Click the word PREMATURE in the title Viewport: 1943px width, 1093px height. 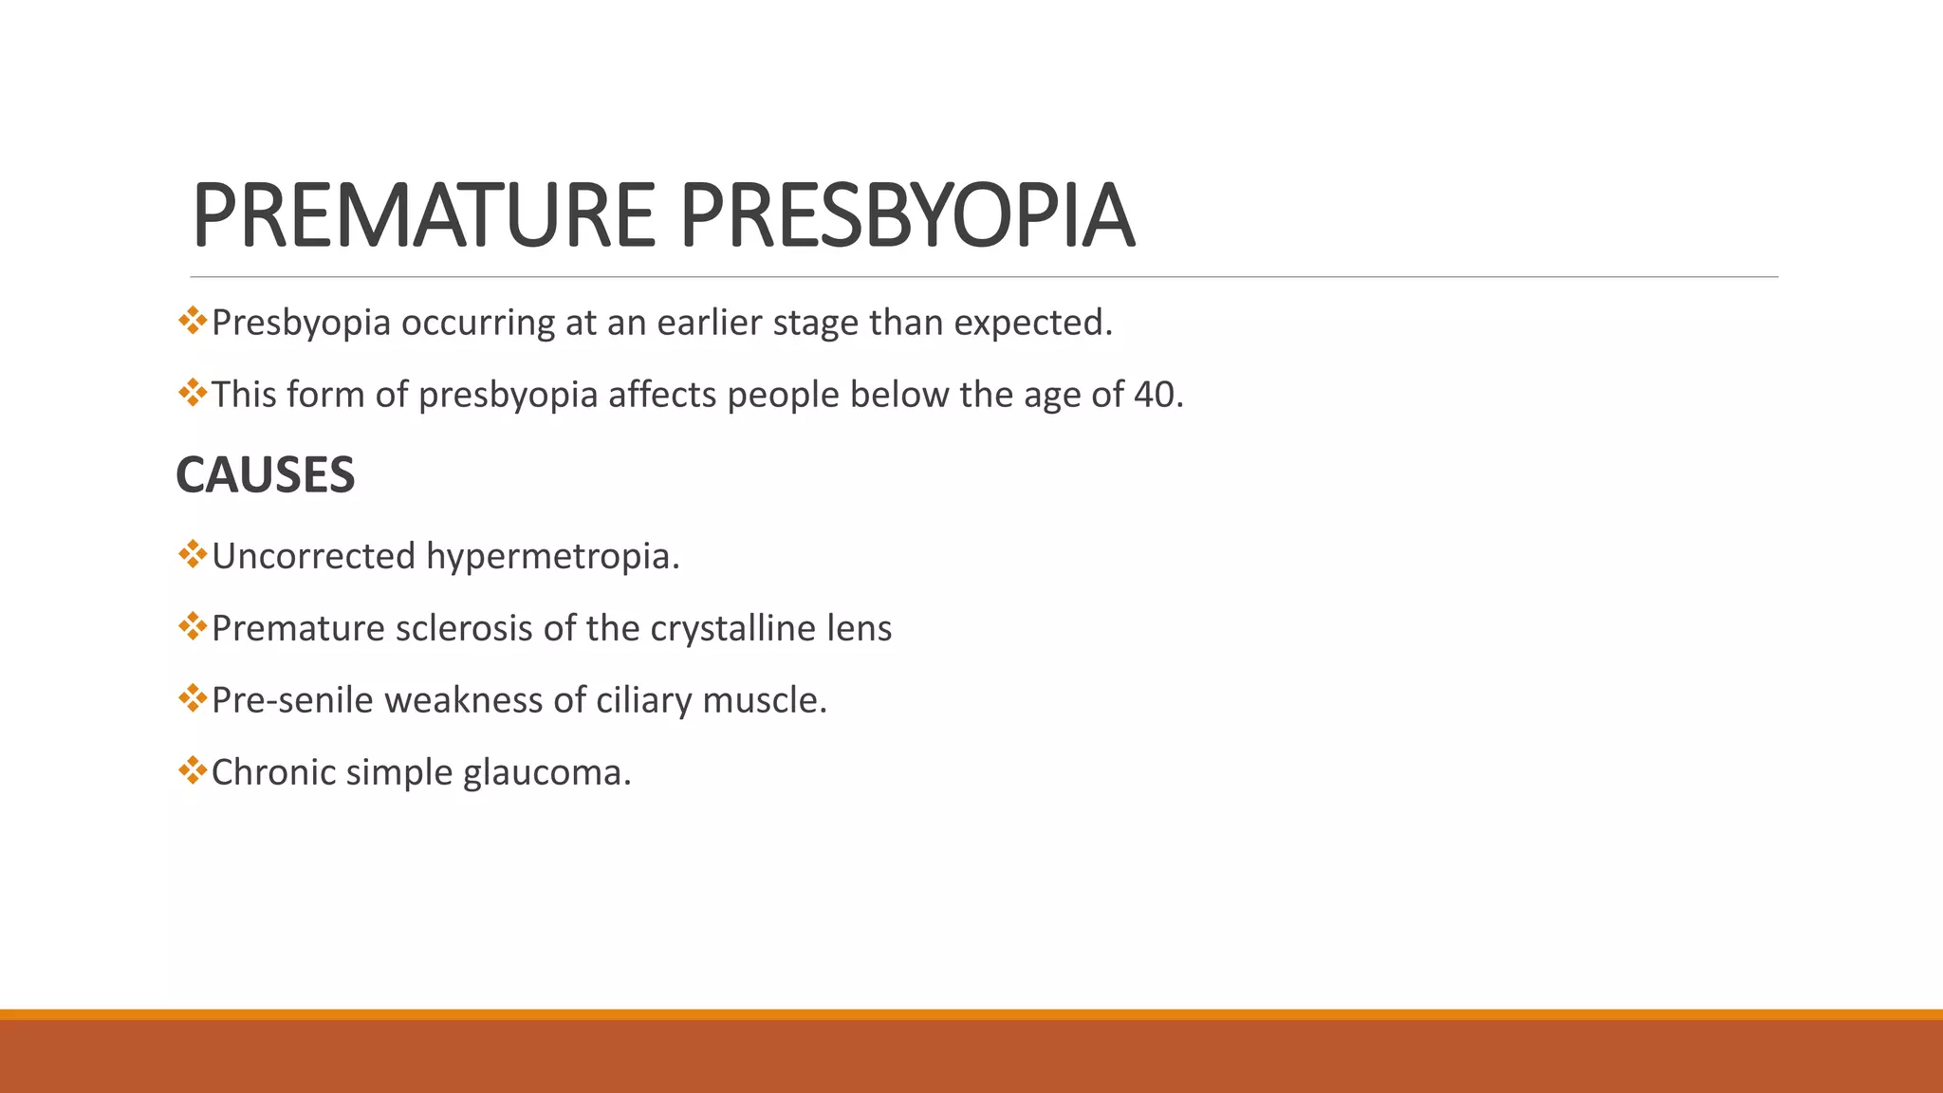[423, 216]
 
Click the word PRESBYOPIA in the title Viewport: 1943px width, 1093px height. [907, 216]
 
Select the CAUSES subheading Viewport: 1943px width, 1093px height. [265, 475]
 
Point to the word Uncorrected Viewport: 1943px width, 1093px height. [312, 557]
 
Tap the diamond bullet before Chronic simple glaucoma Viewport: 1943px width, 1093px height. [192, 769]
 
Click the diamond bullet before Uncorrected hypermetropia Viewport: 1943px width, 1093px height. [192, 553]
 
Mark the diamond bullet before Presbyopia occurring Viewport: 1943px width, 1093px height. [192, 320]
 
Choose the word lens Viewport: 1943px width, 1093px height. [861, 628]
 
